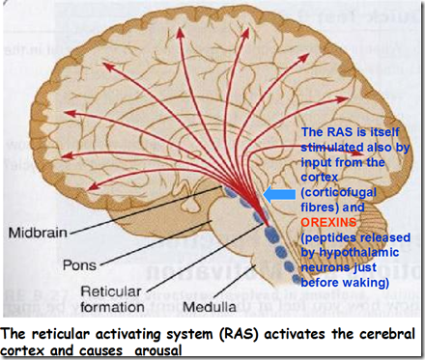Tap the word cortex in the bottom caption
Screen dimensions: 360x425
tap(28, 347)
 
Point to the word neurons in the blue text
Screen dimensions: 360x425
tap(326, 271)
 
